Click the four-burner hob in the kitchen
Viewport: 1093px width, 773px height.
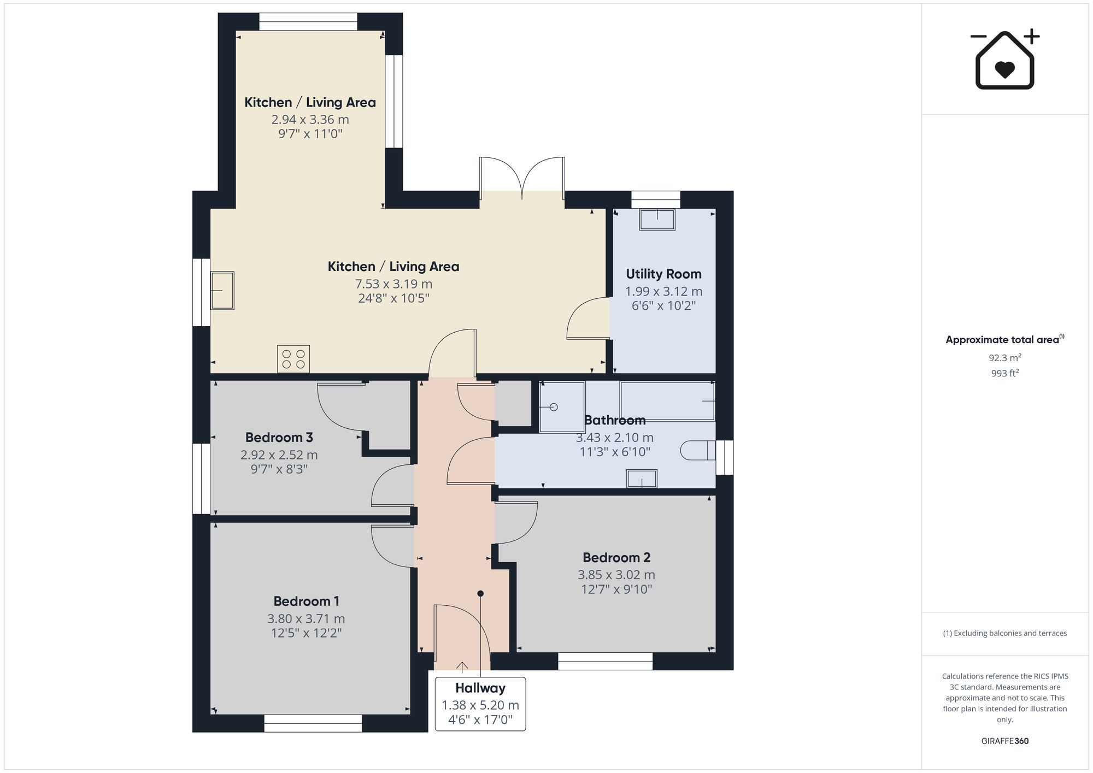[293, 359]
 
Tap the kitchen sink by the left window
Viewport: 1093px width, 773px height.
[222, 291]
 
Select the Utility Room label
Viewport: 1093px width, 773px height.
[663, 274]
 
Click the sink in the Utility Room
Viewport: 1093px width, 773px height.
[657, 220]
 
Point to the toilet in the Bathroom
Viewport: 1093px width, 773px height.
[697, 451]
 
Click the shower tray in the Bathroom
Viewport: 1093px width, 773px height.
[562, 407]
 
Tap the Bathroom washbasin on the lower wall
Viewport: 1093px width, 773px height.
[642, 479]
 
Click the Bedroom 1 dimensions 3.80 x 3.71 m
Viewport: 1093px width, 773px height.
[306, 618]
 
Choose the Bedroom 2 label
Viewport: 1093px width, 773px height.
[616, 557]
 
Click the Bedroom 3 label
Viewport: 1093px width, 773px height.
[279, 437]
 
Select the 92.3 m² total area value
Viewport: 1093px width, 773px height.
[1004, 358]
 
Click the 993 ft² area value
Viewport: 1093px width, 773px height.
[1004, 373]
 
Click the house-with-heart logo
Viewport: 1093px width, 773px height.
[1004, 60]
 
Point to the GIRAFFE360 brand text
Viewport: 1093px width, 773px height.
[1004, 741]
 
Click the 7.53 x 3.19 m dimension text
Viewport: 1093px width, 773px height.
[393, 284]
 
